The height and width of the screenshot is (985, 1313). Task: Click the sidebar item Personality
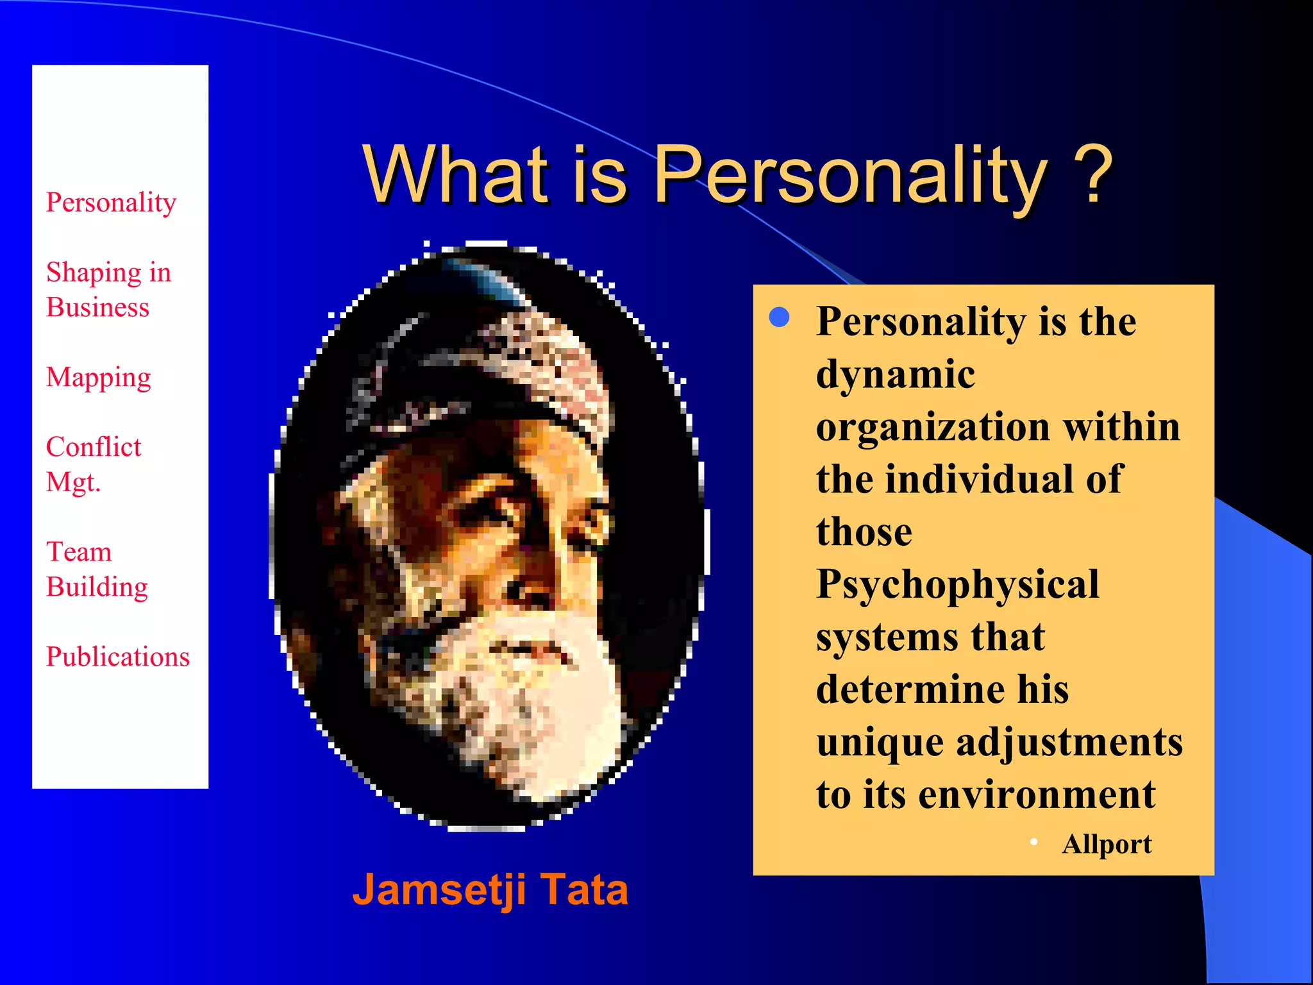click(x=111, y=203)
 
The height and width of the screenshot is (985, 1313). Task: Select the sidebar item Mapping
click(x=99, y=378)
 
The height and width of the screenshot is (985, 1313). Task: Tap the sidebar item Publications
click(x=118, y=657)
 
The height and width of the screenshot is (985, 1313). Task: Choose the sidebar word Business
click(x=97, y=307)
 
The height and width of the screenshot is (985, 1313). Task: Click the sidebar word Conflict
click(x=94, y=447)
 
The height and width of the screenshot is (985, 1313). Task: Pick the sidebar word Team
click(x=79, y=552)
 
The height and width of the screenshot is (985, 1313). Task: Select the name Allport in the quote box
click(x=1107, y=844)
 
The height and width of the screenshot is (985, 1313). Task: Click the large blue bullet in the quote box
click(x=779, y=317)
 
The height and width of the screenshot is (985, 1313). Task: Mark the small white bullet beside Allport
click(x=1033, y=842)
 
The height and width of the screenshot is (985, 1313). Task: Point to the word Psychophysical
click(x=957, y=585)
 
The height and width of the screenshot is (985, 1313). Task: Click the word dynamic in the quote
click(x=896, y=374)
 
